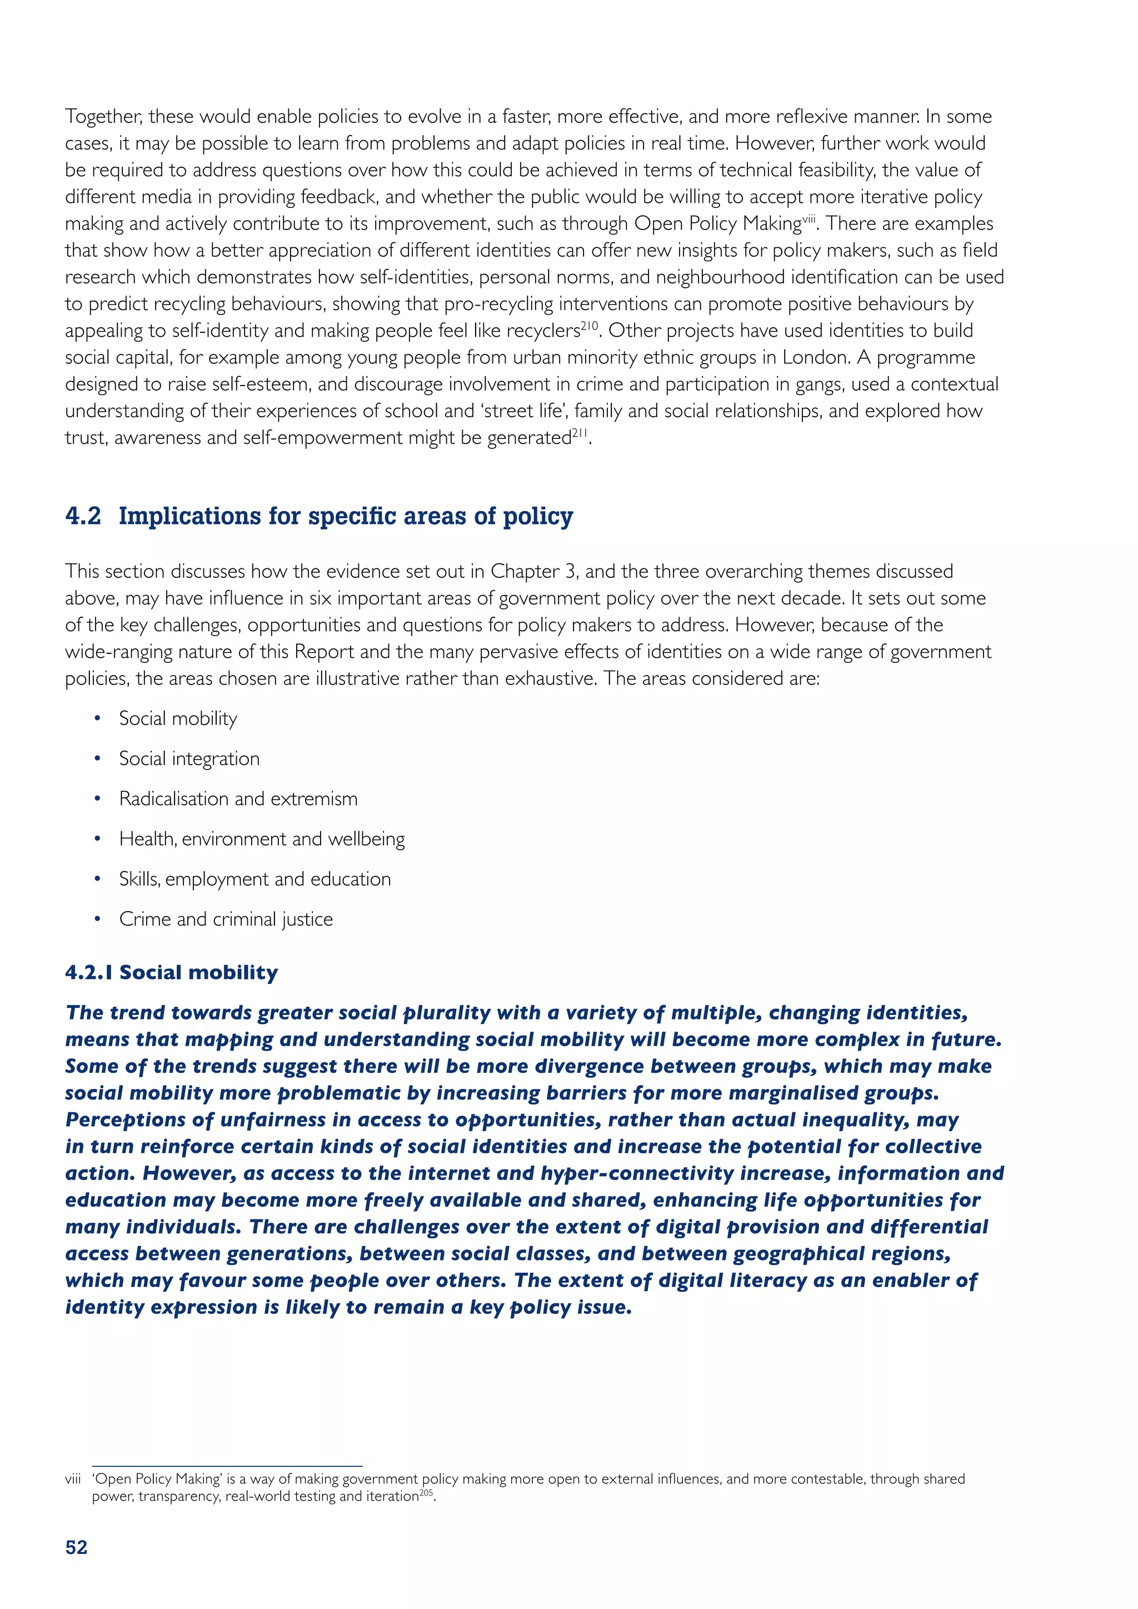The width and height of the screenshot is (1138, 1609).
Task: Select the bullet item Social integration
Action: point(189,759)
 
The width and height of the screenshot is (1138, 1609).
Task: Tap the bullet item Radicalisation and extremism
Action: point(238,799)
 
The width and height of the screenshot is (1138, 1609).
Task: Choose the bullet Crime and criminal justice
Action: point(226,920)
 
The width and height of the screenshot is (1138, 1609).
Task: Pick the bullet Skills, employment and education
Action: point(255,880)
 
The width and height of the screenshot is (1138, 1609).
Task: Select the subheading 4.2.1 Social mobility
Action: point(172,973)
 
